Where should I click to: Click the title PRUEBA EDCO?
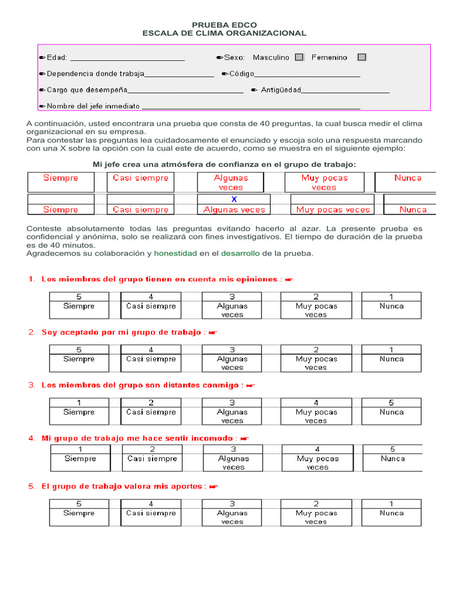tap(224, 25)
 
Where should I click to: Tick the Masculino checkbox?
tap(299, 57)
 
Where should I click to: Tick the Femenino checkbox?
tap(362, 57)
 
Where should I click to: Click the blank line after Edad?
tap(127, 58)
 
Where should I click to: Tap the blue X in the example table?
tap(234, 199)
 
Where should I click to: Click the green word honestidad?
tap(175, 254)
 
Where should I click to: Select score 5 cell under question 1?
tap(79, 297)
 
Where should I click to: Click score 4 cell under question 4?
tap(317, 449)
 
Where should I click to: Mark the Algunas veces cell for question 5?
tap(232, 517)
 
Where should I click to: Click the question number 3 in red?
tap(32, 385)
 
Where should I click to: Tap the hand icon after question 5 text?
tap(213, 487)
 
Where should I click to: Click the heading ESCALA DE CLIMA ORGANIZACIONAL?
tap(224, 34)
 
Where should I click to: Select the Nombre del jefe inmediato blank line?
tap(251, 108)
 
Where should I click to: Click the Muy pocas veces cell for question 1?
tap(316, 310)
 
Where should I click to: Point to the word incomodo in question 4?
tap(215, 438)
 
